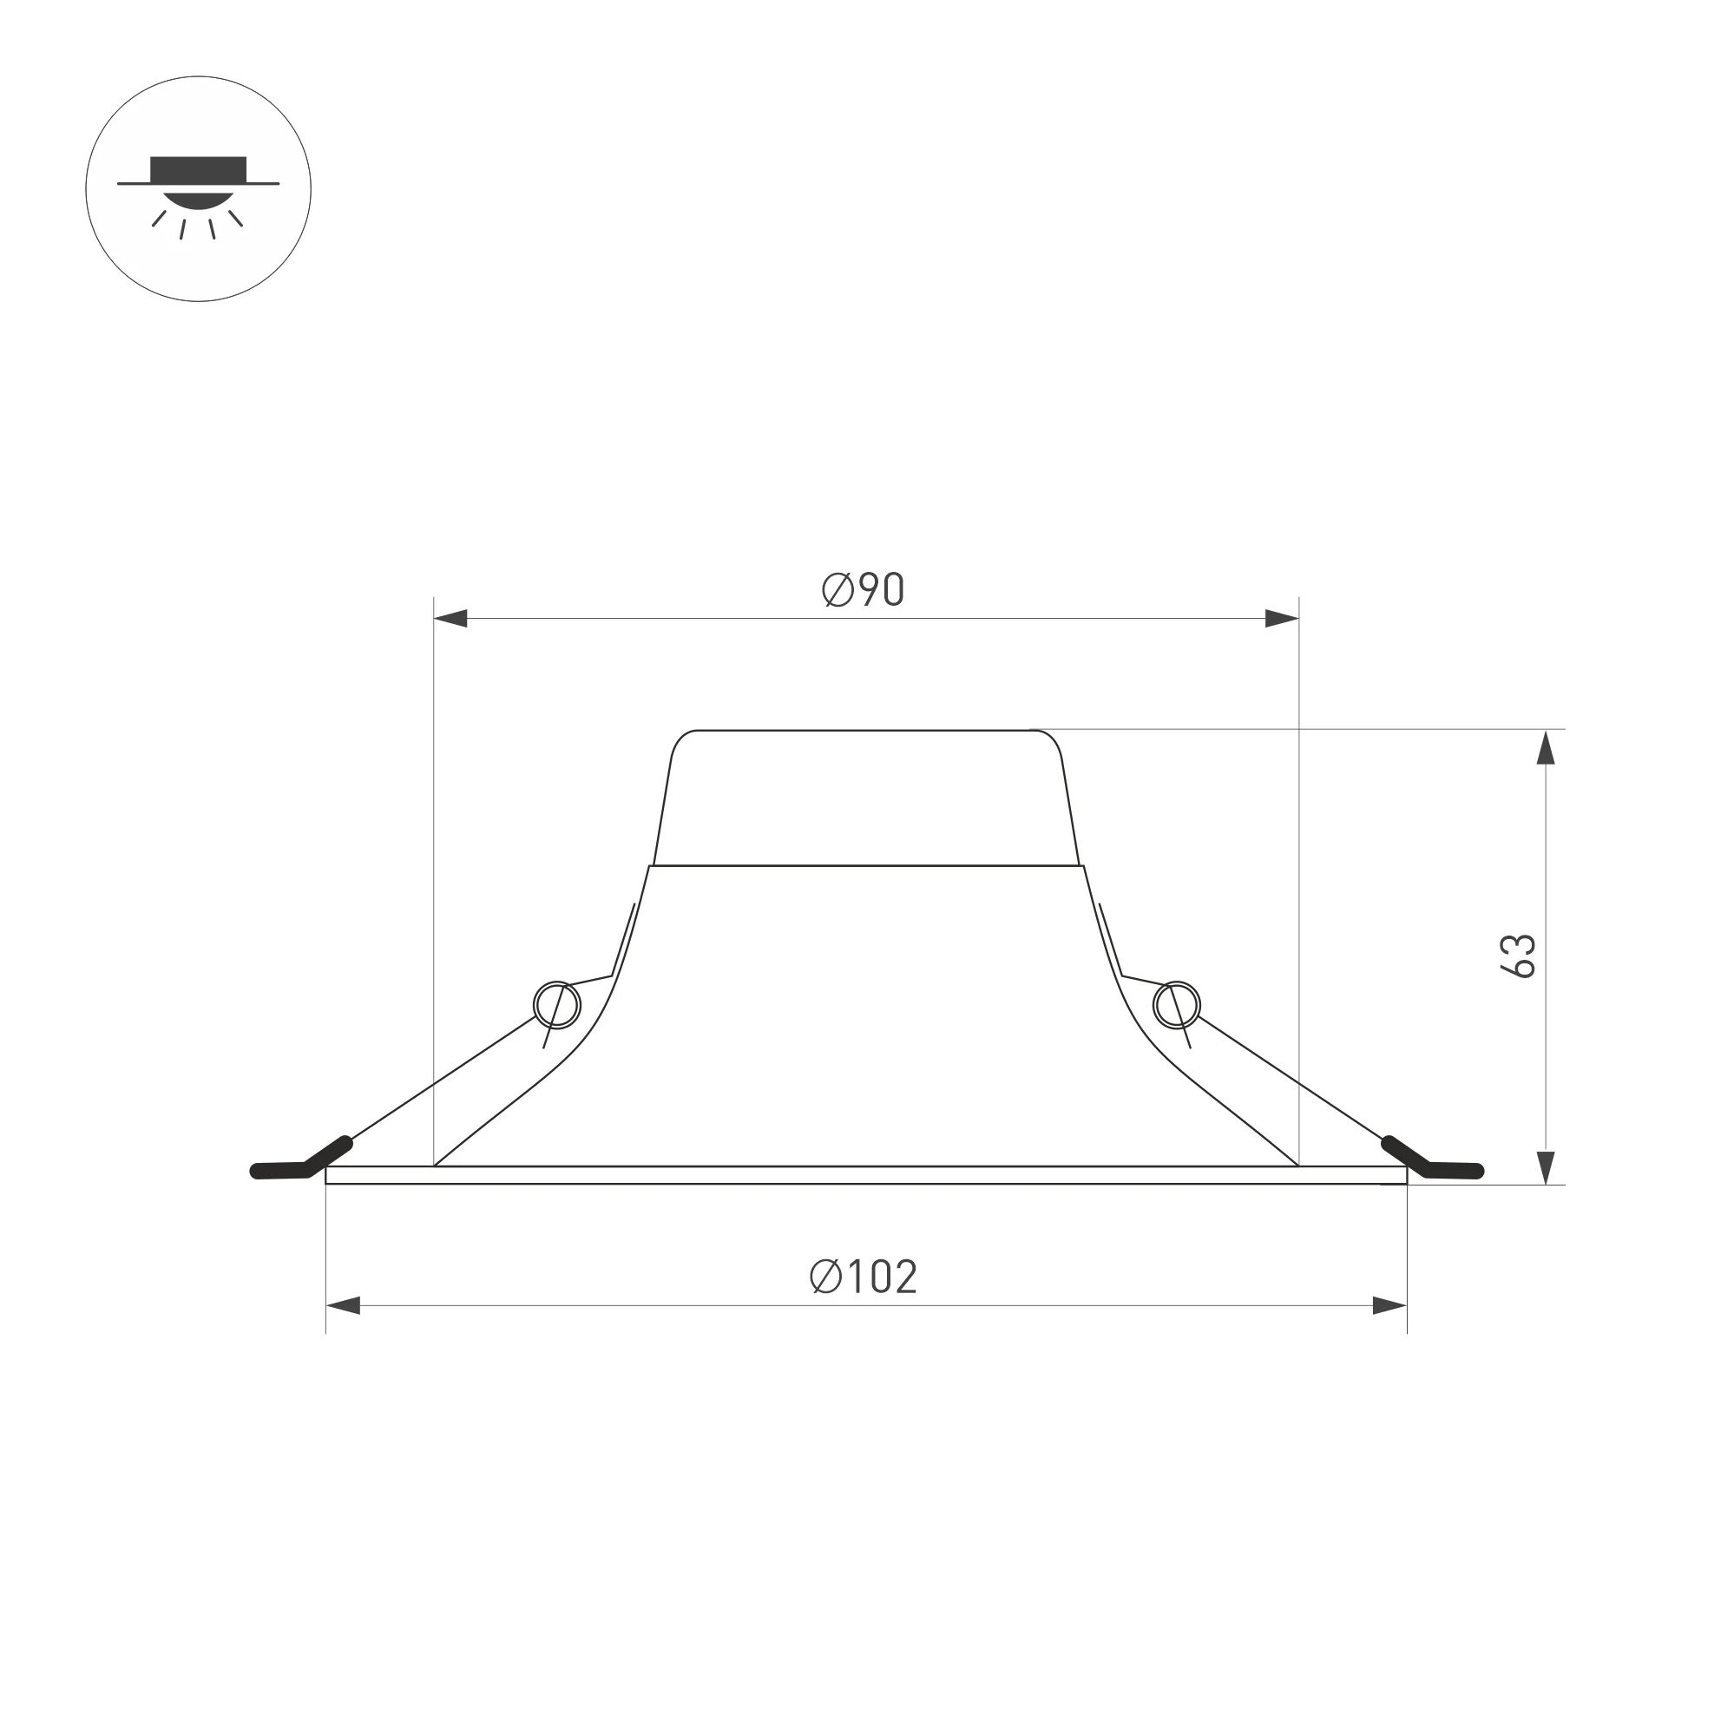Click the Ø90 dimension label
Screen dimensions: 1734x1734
click(x=864, y=589)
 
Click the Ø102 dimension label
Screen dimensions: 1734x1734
click(x=864, y=1277)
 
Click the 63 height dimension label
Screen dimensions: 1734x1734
click(x=1519, y=956)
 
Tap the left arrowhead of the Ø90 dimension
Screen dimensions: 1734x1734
click(x=450, y=619)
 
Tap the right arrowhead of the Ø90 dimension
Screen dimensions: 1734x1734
click(x=1282, y=619)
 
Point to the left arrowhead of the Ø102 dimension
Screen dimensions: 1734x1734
click(x=343, y=1306)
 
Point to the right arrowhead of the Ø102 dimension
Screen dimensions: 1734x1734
click(x=1389, y=1306)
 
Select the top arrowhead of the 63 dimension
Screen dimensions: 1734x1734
click(x=1546, y=747)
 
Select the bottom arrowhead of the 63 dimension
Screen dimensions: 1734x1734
click(x=1546, y=1167)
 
